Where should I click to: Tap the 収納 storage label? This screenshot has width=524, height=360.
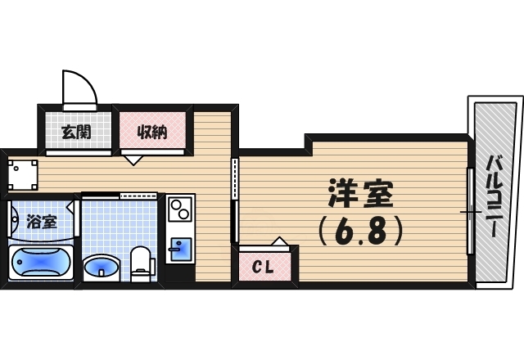coord(152,131)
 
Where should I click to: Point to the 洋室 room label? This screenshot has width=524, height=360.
coord(361,195)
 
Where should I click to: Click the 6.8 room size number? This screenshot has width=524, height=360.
coord(362,232)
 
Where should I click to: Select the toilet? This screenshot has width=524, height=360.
coord(142,261)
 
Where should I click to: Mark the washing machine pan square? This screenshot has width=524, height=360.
coord(23,173)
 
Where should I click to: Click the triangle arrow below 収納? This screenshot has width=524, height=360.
coord(133,160)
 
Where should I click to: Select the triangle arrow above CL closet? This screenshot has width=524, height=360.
coord(279,241)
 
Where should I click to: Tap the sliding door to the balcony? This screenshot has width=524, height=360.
coord(470,211)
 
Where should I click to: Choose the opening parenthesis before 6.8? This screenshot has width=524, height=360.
coord(321,232)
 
